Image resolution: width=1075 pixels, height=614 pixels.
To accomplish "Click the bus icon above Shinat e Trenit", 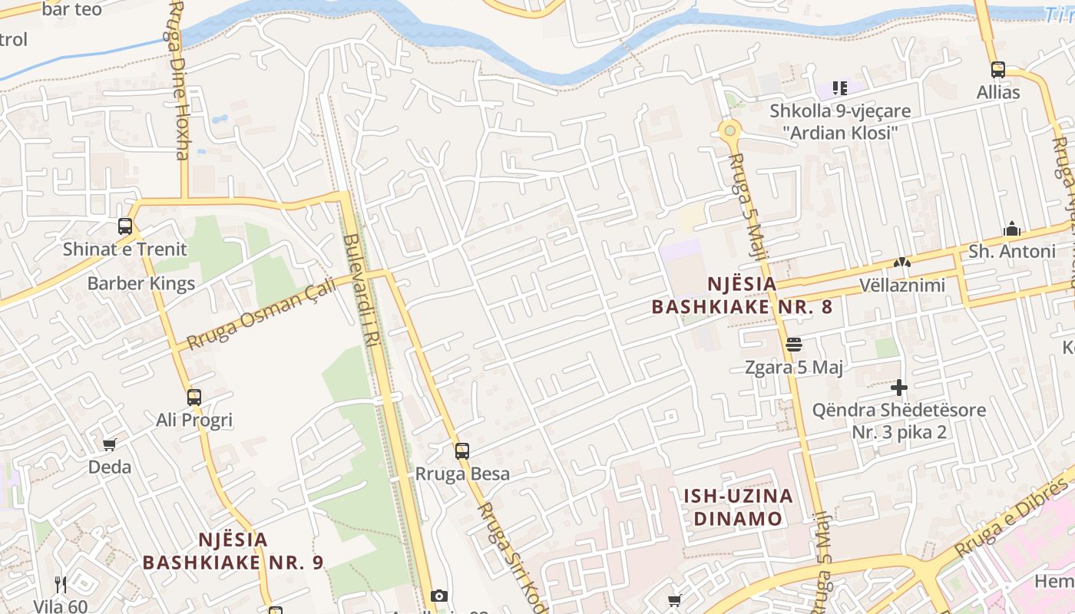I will tap(125, 226).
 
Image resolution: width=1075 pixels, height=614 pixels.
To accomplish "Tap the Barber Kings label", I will tap(141, 283).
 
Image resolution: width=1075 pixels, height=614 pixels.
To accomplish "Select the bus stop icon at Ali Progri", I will tap(194, 398).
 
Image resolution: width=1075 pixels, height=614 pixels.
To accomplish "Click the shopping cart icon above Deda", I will tap(110, 444).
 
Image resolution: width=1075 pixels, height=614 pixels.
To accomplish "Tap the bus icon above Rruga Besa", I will tap(461, 451).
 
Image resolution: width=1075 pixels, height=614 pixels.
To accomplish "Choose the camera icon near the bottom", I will tap(439, 596).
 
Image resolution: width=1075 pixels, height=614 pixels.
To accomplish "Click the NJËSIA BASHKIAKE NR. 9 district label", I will tap(233, 551).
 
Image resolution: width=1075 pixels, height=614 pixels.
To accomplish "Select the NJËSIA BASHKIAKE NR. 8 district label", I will tap(742, 295).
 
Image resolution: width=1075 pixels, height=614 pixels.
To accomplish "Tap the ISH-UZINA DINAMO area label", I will tap(738, 507).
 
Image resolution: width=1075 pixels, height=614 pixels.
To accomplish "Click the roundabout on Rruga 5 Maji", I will tap(729, 130).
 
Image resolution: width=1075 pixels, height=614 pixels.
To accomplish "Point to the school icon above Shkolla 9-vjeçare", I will tap(840, 88).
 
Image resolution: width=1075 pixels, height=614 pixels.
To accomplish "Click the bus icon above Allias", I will tap(998, 70).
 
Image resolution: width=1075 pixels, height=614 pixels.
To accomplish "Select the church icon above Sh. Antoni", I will tap(1011, 229).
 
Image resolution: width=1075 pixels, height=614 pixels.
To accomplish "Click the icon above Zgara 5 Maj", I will tap(794, 345).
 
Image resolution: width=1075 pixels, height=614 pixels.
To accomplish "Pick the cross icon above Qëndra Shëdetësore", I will tap(899, 388).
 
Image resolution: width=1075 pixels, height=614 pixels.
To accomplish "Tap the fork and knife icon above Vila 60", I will tap(61, 585).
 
